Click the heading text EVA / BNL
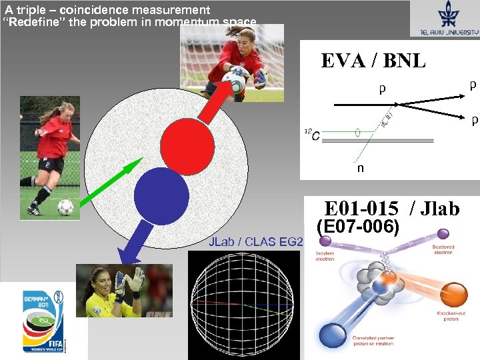coord(373,61)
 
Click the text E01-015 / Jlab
coord(391,209)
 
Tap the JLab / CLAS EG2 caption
coord(255,241)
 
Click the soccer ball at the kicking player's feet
coord(65,207)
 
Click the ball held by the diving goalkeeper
coord(233,83)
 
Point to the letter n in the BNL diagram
coord(361,169)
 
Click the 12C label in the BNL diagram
coord(311,135)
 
